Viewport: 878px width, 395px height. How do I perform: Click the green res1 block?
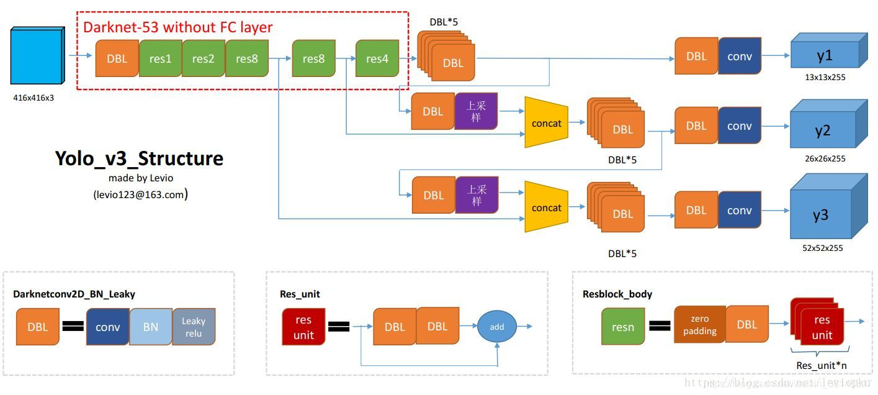click(x=160, y=59)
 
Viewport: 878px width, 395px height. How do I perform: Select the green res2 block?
click(x=204, y=59)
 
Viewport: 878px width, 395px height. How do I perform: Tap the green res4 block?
click(x=377, y=59)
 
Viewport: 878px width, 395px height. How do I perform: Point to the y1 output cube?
click(x=825, y=55)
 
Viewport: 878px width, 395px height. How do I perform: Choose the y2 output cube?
click(x=823, y=130)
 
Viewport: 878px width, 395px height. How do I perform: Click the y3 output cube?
click(x=821, y=215)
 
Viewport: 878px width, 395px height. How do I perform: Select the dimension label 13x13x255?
click(x=825, y=78)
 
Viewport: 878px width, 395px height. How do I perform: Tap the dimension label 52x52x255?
click(x=823, y=248)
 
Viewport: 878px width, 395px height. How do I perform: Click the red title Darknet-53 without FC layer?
click(x=177, y=27)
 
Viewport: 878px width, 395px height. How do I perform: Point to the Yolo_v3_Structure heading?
click(x=139, y=158)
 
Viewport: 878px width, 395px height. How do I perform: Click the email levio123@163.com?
click(x=140, y=194)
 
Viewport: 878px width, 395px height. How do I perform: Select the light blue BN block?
click(x=151, y=327)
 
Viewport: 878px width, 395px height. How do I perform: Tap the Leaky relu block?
click(x=194, y=327)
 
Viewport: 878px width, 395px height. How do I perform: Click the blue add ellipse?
click(x=497, y=327)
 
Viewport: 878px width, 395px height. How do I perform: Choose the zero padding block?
click(x=699, y=325)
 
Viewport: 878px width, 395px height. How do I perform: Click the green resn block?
click(x=623, y=327)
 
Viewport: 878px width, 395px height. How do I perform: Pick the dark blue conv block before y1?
click(x=740, y=57)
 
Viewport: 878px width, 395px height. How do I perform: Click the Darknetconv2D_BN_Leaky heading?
click(x=74, y=294)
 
